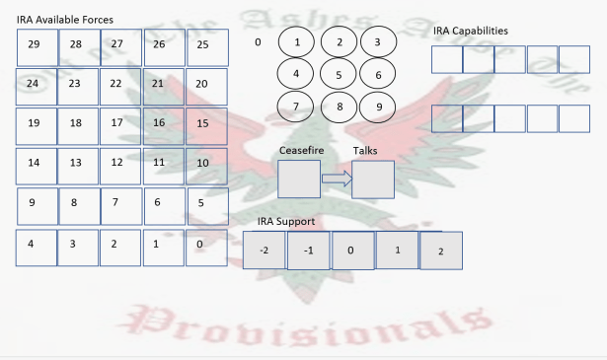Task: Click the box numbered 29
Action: click(37, 46)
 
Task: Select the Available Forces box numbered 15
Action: click(205, 125)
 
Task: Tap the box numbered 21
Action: click(163, 86)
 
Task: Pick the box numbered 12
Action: click(120, 165)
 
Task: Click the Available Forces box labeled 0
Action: click(205, 246)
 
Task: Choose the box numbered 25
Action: click(205, 46)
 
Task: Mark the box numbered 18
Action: click(79, 125)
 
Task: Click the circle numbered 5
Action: click(340, 74)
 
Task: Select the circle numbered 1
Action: click(298, 42)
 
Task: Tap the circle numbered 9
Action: click(377, 106)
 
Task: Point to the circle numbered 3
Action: click(377, 42)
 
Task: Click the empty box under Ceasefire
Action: click(299, 180)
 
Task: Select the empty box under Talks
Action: click(373, 180)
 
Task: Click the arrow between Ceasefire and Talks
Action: click(337, 180)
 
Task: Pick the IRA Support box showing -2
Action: click(265, 251)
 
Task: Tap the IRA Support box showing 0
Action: click(352, 251)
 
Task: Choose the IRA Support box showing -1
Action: click(308, 251)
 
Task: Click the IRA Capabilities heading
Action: click(471, 31)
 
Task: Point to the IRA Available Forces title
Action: click(64, 20)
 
